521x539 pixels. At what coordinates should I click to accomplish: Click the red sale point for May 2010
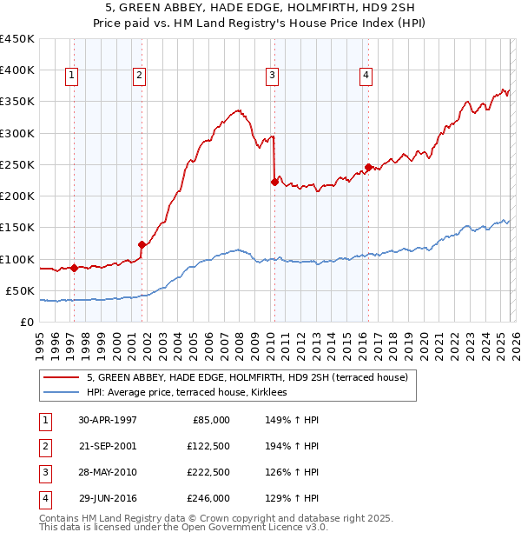pos(275,182)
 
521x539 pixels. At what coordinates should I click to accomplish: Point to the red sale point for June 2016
pos(368,167)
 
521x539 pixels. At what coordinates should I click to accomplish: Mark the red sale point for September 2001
pos(142,244)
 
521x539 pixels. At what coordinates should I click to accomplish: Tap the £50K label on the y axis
pos(20,290)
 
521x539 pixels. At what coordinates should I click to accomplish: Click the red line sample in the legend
pos(62,377)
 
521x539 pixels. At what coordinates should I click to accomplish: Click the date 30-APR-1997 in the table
pos(108,419)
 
